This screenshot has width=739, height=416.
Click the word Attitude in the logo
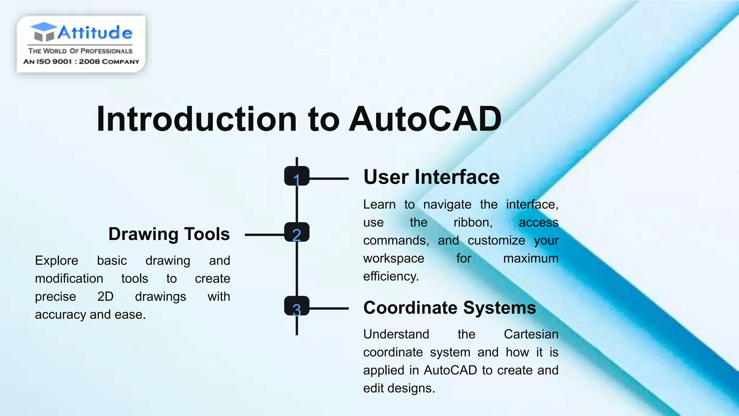(x=95, y=32)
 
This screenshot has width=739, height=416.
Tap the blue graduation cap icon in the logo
(x=44, y=31)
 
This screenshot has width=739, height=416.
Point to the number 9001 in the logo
(x=62, y=62)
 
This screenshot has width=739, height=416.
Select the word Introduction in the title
(x=197, y=119)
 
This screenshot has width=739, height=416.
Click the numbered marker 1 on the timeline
(x=297, y=176)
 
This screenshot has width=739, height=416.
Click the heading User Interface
(x=431, y=177)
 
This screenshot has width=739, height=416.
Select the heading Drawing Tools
(x=169, y=234)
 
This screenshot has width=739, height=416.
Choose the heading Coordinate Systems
(x=450, y=308)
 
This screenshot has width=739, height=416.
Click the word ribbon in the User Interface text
(x=473, y=222)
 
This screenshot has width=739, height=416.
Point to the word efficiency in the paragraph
(x=391, y=277)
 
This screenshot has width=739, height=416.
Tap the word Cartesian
(x=531, y=334)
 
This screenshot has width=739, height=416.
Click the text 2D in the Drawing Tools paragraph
(x=105, y=297)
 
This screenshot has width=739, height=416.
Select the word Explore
(x=57, y=261)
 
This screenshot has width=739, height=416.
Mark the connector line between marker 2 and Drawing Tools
(x=264, y=235)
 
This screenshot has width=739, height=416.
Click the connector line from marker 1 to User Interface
(x=329, y=178)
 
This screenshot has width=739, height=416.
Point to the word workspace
(x=394, y=259)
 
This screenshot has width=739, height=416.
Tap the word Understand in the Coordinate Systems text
(x=396, y=334)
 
